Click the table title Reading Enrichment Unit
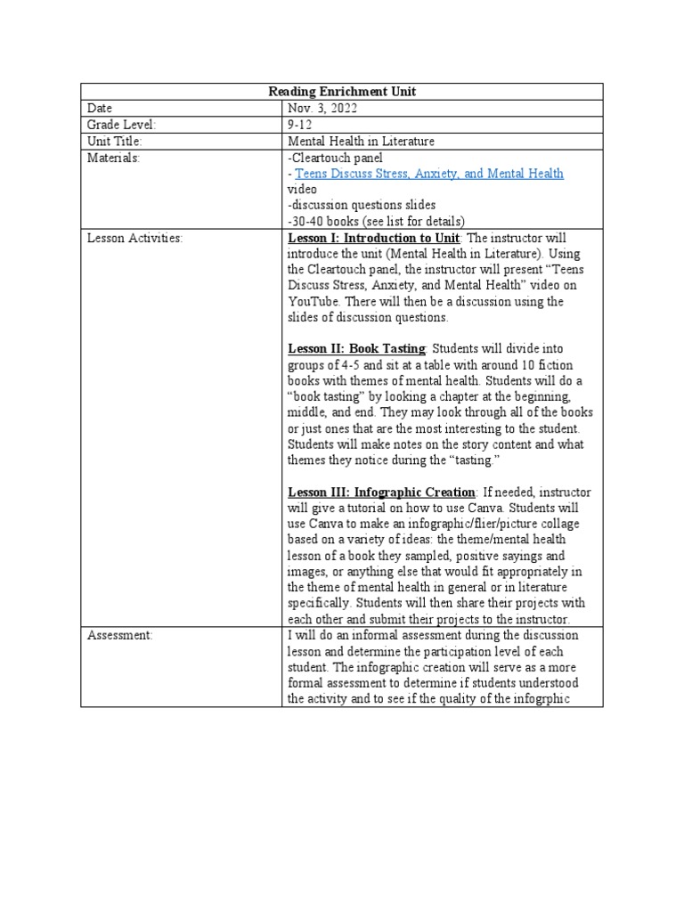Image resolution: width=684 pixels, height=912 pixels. (x=343, y=92)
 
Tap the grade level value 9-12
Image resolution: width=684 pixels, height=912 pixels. (x=300, y=126)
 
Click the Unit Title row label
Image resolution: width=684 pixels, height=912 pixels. (x=115, y=142)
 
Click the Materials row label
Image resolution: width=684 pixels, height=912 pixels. (x=113, y=158)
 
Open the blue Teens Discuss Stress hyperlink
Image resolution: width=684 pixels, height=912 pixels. (x=428, y=174)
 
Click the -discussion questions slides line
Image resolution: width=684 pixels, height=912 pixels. (x=348, y=206)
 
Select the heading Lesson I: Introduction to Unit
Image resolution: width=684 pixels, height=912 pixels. (x=373, y=238)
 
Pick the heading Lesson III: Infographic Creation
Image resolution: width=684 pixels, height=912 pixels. (x=381, y=493)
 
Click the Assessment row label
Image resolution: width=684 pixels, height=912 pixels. (x=120, y=636)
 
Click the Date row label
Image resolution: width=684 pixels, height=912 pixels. (x=100, y=109)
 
